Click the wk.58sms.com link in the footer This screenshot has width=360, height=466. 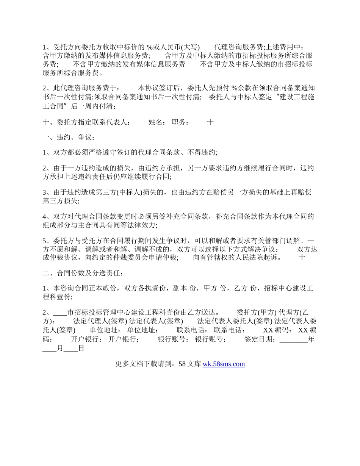click(x=224, y=364)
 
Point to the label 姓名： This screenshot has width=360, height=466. click(x=157, y=122)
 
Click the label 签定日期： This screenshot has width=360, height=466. click(x=261, y=339)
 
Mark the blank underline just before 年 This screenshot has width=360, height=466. click(x=293, y=339)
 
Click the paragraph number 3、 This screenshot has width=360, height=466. click(x=48, y=192)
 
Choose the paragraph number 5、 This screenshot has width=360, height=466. click(x=48, y=240)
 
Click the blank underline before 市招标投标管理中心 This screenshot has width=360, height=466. click(x=60, y=313)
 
